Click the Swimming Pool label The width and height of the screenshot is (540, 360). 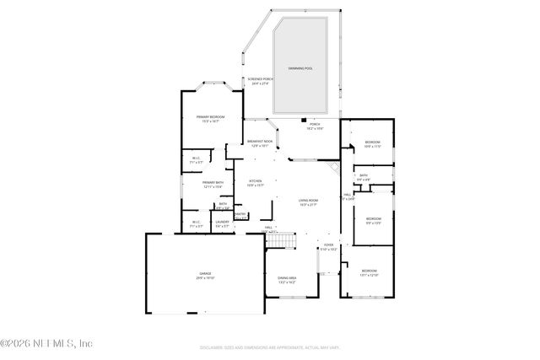(x=300, y=67)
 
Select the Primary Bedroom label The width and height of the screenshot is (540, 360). (x=209, y=118)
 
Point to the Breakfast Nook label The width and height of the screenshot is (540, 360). (x=260, y=142)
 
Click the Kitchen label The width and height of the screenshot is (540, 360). (x=256, y=181)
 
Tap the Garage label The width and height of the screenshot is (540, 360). (x=205, y=275)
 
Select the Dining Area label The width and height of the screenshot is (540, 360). (x=288, y=279)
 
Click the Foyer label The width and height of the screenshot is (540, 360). (x=329, y=247)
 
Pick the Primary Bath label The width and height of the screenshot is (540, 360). (x=212, y=184)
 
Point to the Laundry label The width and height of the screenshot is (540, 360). (x=222, y=223)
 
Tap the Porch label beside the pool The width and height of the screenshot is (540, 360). (x=314, y=125)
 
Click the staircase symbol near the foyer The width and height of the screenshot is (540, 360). (x=282, y=243)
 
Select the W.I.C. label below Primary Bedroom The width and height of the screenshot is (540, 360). (x=195, y=159)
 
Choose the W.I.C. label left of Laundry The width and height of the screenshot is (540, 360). (x=196, y=223)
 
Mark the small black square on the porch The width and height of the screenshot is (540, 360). (x=304, y=121)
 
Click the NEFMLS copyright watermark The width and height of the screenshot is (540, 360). (x=46, y=343)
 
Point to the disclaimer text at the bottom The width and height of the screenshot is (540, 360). (x=269, y=346)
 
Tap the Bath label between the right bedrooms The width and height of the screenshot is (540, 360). (x=364, y=177)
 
